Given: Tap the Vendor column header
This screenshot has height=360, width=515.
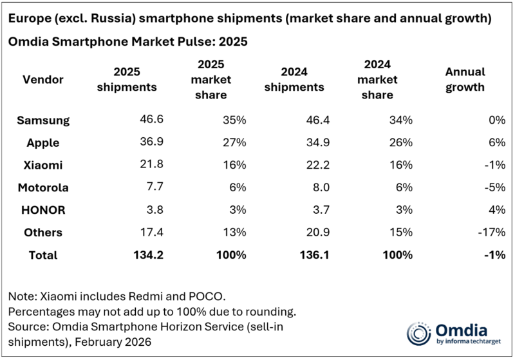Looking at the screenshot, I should (42, 79).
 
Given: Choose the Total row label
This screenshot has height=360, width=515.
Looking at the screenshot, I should (42, 254).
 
